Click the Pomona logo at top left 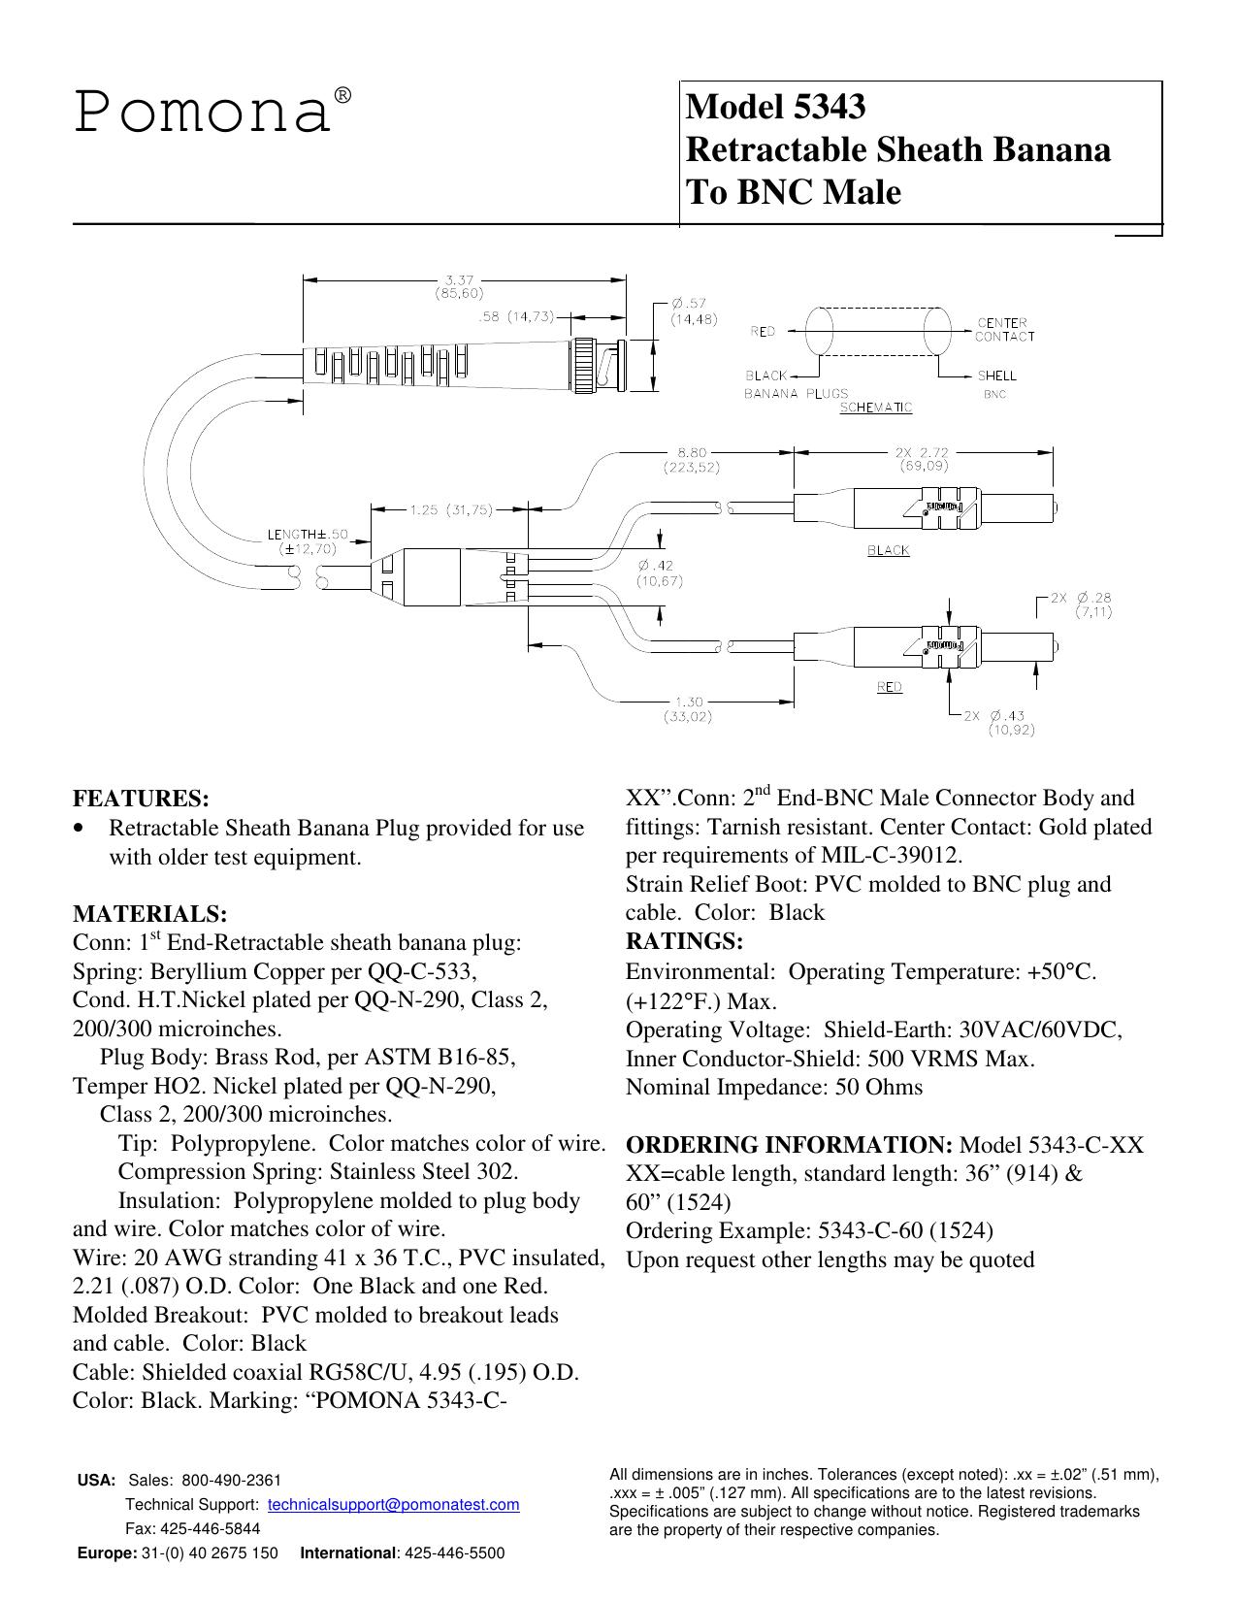pyautogui.click(x=212, y=111)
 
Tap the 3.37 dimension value pyautogui.click(x=460, y=280)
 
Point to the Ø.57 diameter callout pyautogui.click(x=688, y=303)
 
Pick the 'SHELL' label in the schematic pyautogui.click(x=996, y=376)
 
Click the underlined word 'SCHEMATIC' pyautogui.click(x=876, y=408)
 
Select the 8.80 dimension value pyautogui.click(x=692, y=453)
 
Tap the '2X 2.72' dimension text pyautogui.click(x=923, y=452)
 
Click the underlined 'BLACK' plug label pyautogui.click(x=889, y=550)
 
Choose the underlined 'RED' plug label pyautogui.click(x=890, y=687)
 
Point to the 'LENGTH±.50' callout pyautogui.click(x=308, y=535)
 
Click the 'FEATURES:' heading pyautogui.click(x=142, y=798)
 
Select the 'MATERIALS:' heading pyautogui.click(x=149, y=914)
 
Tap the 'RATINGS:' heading pyautogui.click(x=684, y=941)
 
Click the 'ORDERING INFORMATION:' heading pyautogui.click(x=790, y=1144)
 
